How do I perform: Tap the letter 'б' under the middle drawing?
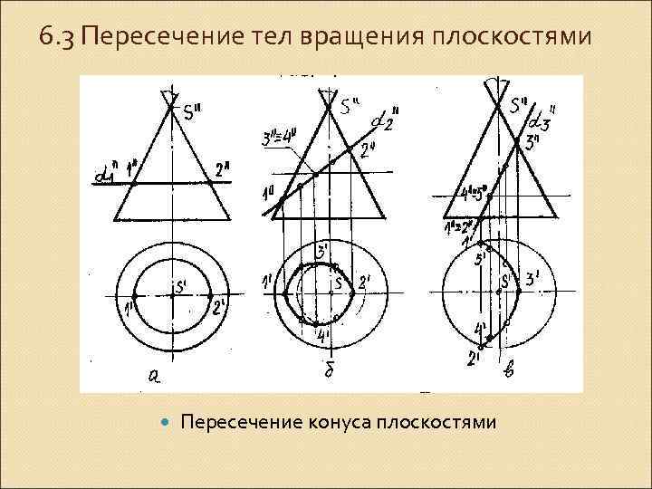328,372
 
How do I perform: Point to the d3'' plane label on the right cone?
542,117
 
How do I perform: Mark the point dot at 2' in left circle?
210,296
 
